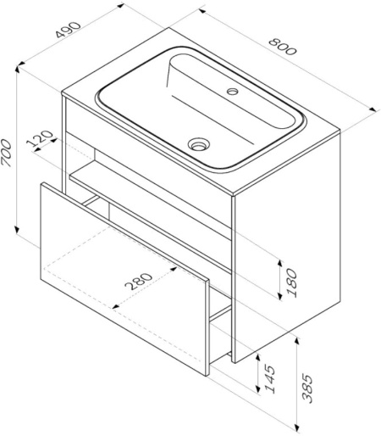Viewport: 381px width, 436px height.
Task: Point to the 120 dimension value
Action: click(40, 141)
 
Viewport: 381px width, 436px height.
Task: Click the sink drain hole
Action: click(200, 144)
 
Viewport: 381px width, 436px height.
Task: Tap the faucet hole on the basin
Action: click(233, 88)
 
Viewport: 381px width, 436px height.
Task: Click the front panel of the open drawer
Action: click(123, 280)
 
